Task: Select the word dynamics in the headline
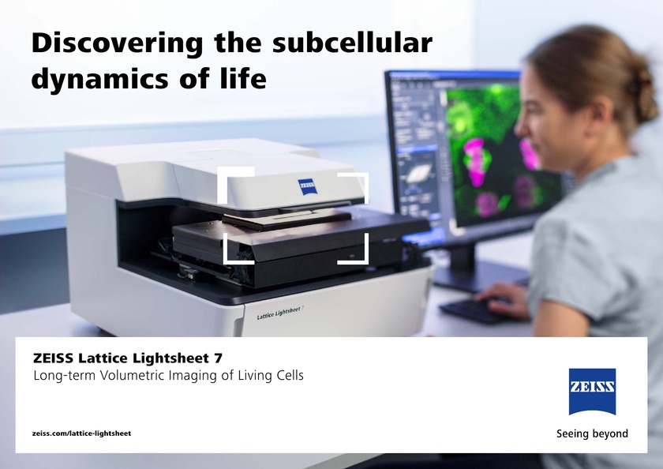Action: click(x=91, y=80)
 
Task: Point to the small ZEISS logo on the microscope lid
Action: click(x=307, y=186)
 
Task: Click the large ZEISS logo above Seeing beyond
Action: click(x=592, y=392)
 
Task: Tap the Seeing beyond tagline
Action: click(x=592, y=433)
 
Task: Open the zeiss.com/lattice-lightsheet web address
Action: click(x=81, y=433)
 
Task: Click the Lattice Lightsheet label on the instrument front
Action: click(x=280, y=313)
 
